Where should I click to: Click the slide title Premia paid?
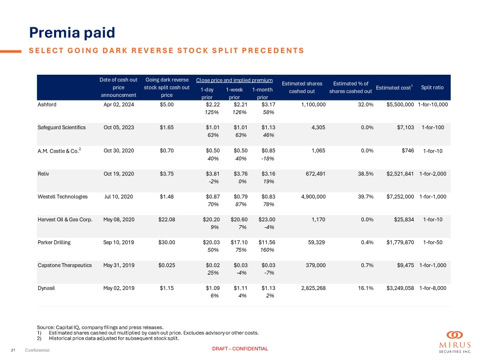(x=72, y=32)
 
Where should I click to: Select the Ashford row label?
(x=46, y=104)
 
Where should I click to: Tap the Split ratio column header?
(x=432, y=87)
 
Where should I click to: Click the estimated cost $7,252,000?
(x=400, y=196)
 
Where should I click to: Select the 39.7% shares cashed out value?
(x=365, y=196)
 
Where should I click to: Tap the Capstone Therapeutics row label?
(x=65, y=265)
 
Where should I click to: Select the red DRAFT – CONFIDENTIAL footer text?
(x=239, y=349)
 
